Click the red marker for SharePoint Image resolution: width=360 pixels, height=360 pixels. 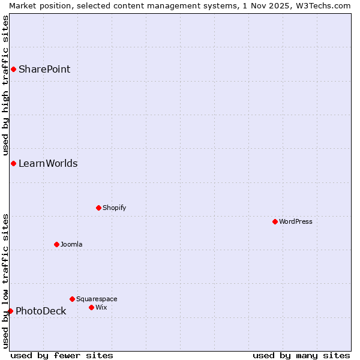click(x=13, y=69)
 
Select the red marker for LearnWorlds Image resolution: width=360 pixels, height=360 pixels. click(x=13, y=163)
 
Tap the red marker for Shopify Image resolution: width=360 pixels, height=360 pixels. click(x=98, y=208)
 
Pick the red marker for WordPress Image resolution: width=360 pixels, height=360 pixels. click(x=275, y=221)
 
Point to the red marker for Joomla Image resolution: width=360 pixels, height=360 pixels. click(x=56, y=244)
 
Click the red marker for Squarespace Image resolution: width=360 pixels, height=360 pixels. click(x=72, y=299)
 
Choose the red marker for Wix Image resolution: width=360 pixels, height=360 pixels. click(x=91, y=307)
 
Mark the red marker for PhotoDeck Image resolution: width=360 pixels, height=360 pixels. click(x=10, y=311)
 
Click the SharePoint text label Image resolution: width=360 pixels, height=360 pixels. click(x=44, y=69)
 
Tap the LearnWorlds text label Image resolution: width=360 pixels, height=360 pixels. click(x=48, y=163)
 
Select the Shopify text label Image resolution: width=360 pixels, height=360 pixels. click(x=114, y=208)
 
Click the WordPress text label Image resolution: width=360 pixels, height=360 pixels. click(x=295, y=221)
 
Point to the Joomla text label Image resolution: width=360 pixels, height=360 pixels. click(x=71, y=244)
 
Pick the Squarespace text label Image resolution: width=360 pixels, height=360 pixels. click(x=97, y=299)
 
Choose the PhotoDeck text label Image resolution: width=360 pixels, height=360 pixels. click(x=41, y=311)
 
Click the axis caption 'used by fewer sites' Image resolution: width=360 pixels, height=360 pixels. click(x=62, y=355)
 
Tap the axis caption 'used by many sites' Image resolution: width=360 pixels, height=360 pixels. click(x=301, y=355)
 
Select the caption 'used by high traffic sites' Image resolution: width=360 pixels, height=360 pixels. click(x=5, y=85)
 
